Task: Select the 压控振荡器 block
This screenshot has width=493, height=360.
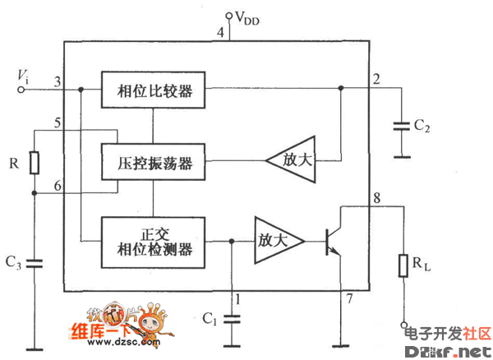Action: (153, 161)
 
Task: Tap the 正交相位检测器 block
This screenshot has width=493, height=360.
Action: (153, 240)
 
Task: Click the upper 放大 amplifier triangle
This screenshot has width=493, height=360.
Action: (294, 159)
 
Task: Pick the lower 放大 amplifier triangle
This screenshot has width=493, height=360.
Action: (276, 241)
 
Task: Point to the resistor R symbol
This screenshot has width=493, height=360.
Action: (34, 163)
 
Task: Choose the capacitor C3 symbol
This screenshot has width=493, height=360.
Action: (34, 263)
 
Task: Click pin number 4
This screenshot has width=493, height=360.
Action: (220, 32)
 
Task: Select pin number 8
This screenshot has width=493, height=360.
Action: (376, 197)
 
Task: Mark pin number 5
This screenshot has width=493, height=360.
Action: (56, 123)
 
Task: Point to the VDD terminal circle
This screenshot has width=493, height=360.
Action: (229, 15)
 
